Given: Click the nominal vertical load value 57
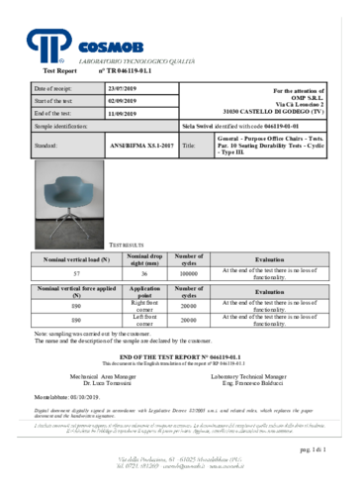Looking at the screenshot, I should [63, 271].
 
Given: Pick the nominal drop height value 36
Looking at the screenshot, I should [143, 271].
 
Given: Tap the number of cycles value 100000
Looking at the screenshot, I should [189, 271].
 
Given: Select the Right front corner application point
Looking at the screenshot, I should [144, 307].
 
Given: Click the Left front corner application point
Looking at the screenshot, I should [144, 322].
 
